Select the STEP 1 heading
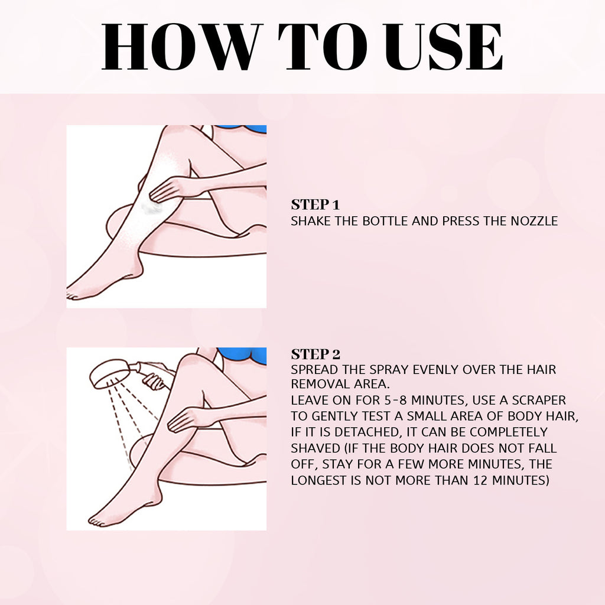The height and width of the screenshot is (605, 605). [x=315, y=205]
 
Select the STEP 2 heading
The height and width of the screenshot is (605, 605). [x=315, y=354]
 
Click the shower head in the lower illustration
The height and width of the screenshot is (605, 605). [x=109, y=375]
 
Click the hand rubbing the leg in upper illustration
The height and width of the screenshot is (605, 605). [x=168, y=190]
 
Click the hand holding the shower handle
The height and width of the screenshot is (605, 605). [x=155, y=382]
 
